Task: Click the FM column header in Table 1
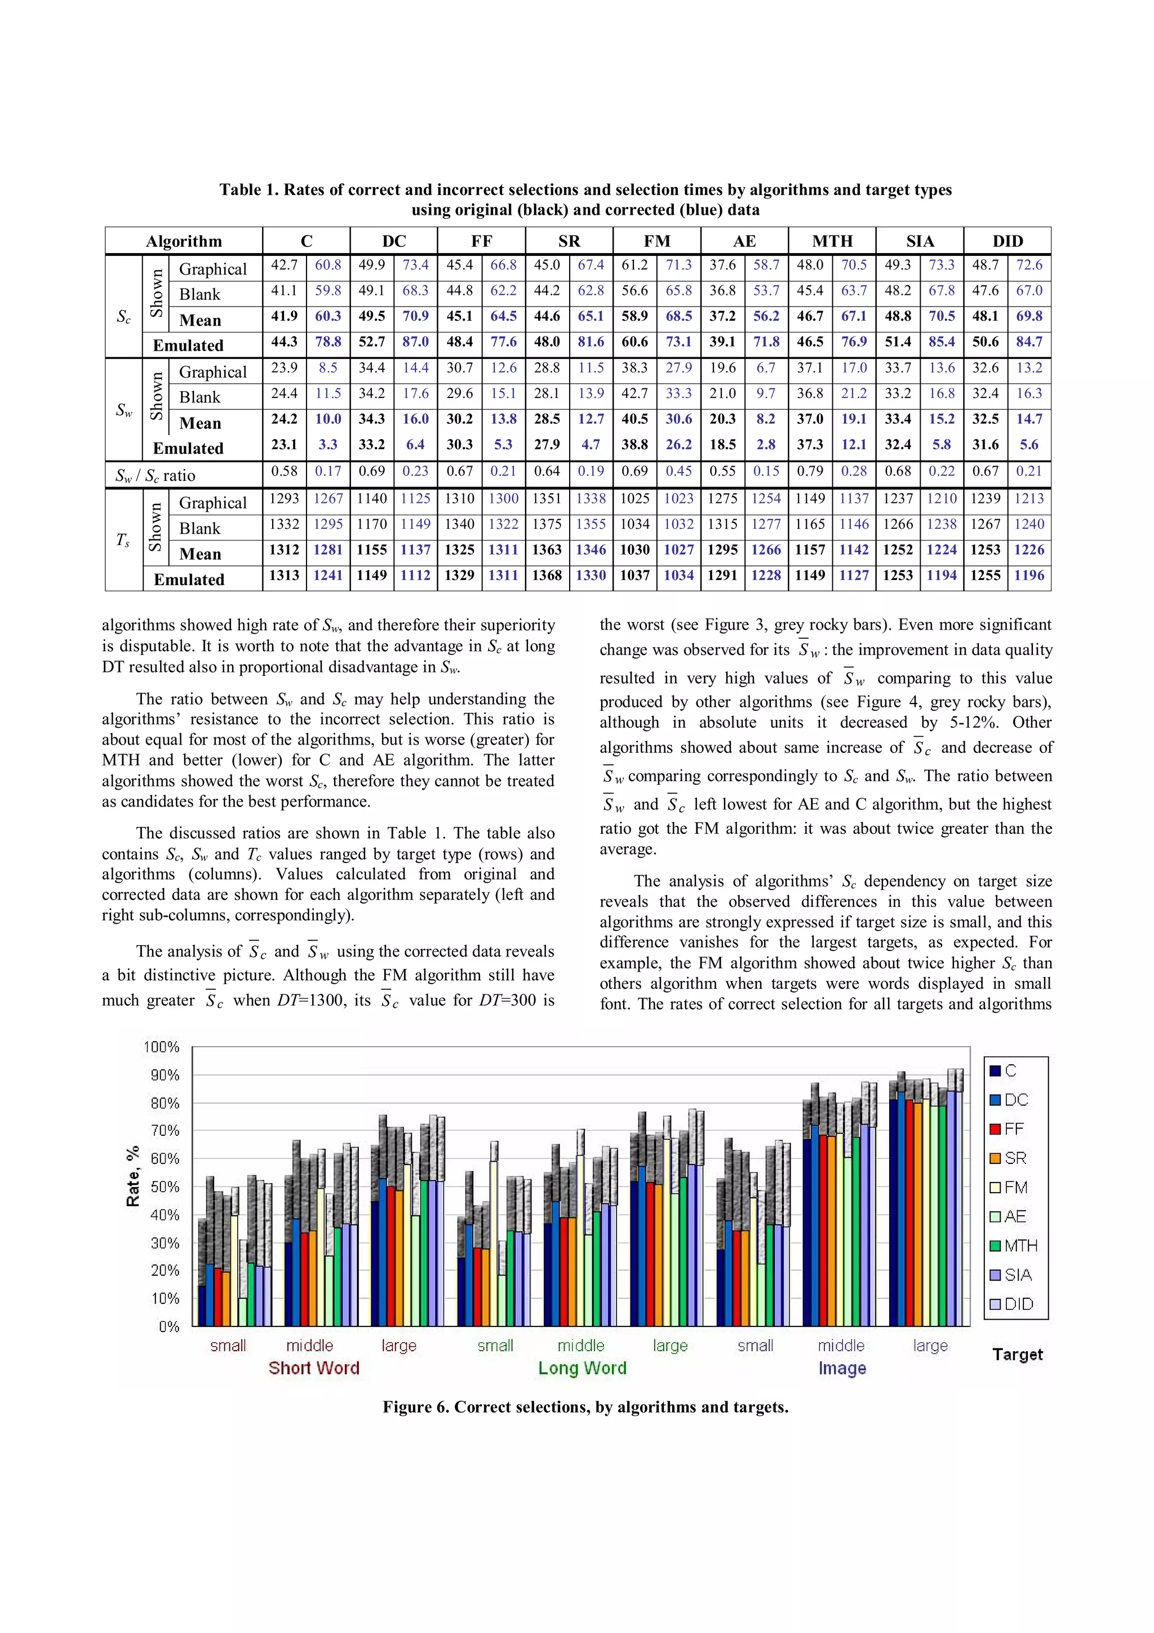click(x=656, y=241)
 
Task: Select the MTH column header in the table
click(x=832, y=241)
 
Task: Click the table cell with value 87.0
click(x=415, y=342)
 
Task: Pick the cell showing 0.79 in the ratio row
click(x=809, y=471)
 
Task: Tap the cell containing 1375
click(x=547, y=524)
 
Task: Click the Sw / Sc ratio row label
click(x=155, y=475)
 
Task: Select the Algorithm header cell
click(x=184, y=241)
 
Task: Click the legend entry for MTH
click(x=1013, y=1245)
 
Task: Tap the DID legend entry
click(x=1013, y=1304)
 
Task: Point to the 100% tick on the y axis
click(x=161, y=1047)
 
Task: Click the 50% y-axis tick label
click(x=164, y=1187)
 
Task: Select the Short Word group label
click(x=313, y=1368)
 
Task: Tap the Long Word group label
click(x=582, y=1368)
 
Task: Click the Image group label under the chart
click(x=842, y=1368)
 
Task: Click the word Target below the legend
click(x=1017, y=1354)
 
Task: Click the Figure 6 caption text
click(x=585, y=1407)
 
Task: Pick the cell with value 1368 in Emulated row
click(x=547, y=576)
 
